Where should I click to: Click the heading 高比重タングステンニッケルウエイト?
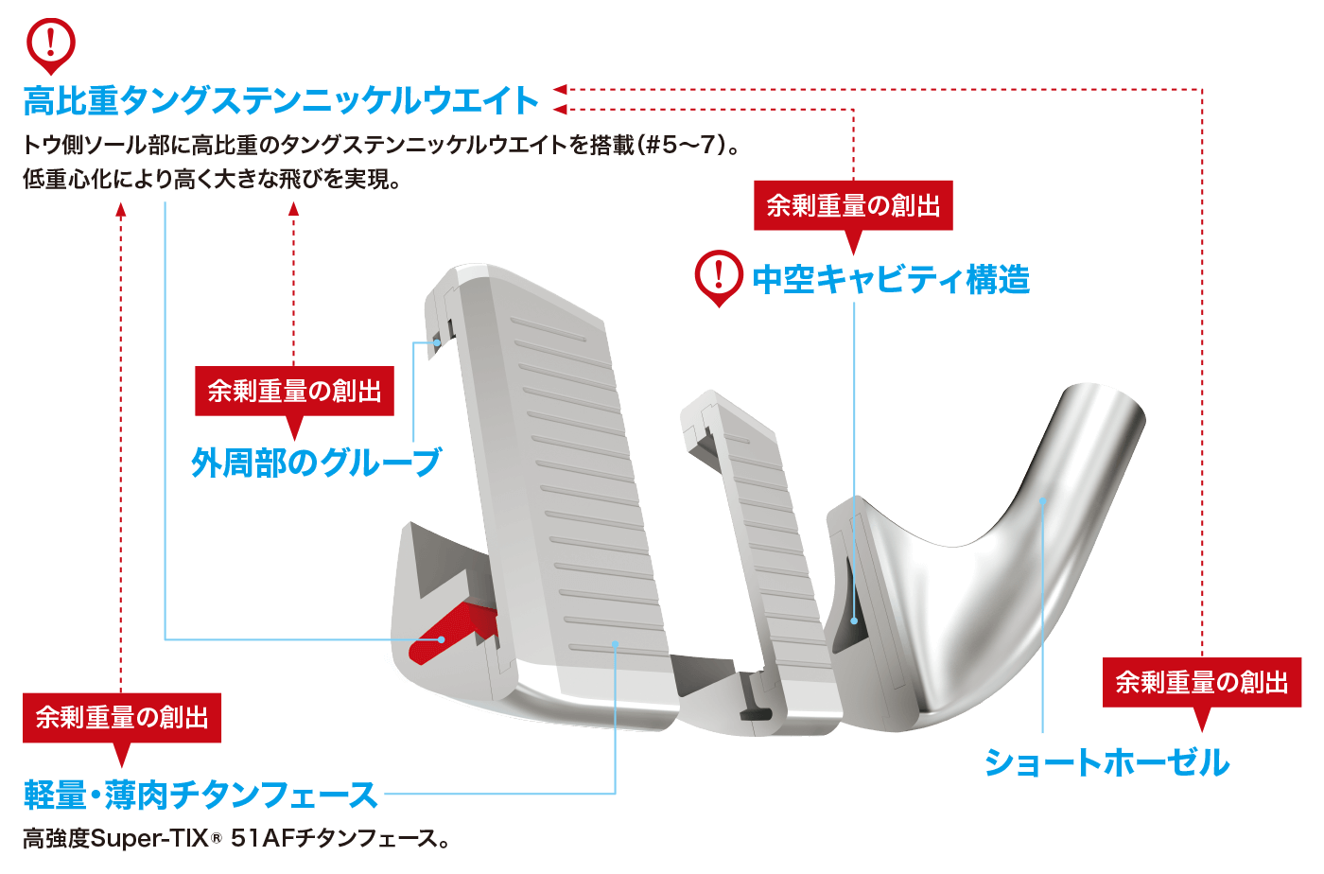(x=281, y=100)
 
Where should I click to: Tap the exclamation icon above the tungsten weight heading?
(x=51, y=43)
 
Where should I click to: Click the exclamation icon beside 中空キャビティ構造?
(x=719, y=275)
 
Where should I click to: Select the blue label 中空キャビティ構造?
(x=891, y=279)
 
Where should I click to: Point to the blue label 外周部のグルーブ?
(x=316, y=462)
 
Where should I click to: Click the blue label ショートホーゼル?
(x=1106, y=762)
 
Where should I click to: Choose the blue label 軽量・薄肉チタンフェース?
(x=200, y=795)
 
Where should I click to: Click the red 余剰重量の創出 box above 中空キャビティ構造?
(x=853, y=205)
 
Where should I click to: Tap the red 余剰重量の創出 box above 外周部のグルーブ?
(x=294, y=391)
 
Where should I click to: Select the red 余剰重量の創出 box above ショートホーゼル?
(x=1202, y=682)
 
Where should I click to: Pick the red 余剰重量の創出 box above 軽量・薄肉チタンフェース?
(x=122, y=717)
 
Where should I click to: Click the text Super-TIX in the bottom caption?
(x=133, y=839)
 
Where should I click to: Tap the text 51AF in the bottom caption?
(x=262, y=839)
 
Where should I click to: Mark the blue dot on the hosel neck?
(x=1042, y=501)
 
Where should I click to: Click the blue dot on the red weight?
(x=442, y=640)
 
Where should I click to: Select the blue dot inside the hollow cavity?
(x=854, y=621)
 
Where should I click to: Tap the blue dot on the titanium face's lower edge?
(x=615, y=644)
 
